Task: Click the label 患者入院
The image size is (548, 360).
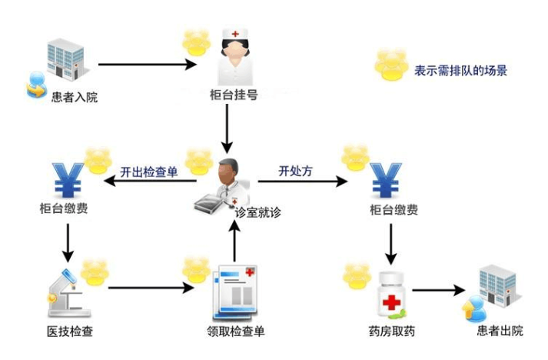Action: [75, 98]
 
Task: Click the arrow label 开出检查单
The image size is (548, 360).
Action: [148, 172]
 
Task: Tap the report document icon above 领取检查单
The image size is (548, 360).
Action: [234, 292]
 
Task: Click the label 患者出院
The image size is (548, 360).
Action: [500, 331]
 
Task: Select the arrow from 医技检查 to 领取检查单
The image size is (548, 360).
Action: [150, 289]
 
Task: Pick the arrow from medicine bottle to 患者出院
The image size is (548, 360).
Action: [439, 291]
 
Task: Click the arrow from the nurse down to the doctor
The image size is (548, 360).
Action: [227, 128]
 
